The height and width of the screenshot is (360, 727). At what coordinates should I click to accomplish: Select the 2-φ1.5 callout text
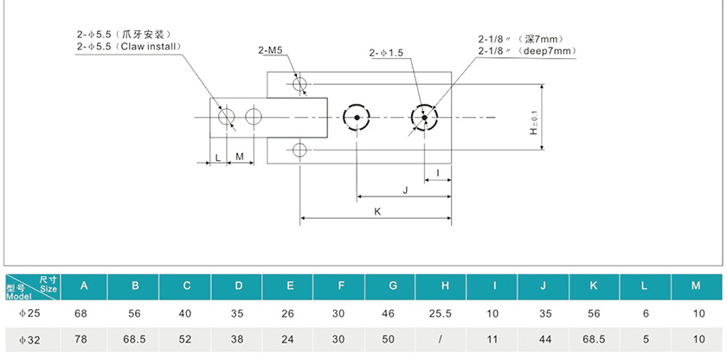[386, 53]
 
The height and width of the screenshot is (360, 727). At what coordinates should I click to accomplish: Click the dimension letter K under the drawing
[376, 211]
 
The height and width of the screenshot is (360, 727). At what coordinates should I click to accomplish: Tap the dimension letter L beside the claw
[217, 157]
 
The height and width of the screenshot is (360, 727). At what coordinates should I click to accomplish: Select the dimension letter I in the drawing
[438, 173]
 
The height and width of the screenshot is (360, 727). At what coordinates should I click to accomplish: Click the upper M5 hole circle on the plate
[299, 85]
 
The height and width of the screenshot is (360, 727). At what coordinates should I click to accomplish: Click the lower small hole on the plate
[299, 150]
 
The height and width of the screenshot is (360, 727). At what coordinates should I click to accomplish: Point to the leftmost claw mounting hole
[227, 117]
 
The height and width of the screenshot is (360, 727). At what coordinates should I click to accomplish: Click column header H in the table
[444, 285]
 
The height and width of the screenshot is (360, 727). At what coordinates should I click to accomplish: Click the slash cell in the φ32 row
[444, 340]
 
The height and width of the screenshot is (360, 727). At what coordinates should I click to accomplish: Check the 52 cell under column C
[187, 340]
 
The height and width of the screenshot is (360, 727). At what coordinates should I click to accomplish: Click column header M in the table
[697, 285]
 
